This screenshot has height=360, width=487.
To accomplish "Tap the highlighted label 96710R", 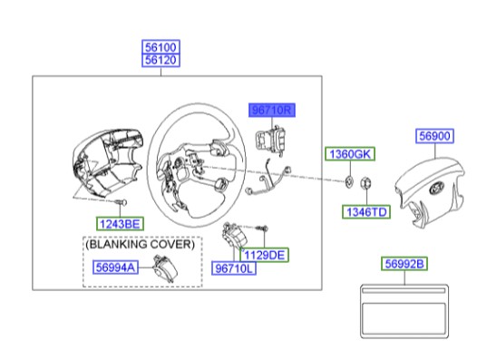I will (274, 110).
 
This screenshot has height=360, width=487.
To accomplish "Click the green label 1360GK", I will (350, 153).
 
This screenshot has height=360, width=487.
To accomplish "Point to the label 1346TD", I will (365, 212).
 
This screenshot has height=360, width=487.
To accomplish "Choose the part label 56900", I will (436, 137).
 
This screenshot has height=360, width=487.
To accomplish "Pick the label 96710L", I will (235, 269).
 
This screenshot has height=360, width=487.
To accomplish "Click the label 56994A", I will (118, 267).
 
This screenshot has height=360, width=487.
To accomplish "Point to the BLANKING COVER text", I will (140, 245).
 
